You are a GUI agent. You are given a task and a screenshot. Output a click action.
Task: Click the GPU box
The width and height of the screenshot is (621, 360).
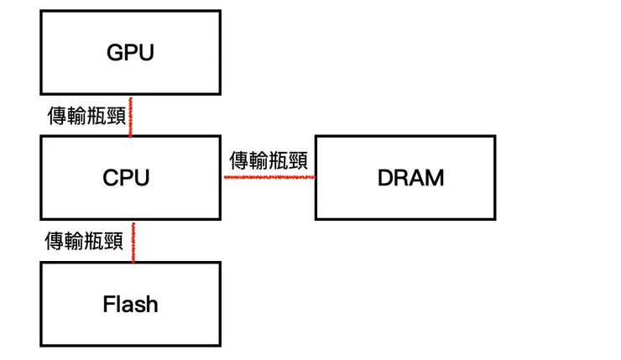pos(130,52)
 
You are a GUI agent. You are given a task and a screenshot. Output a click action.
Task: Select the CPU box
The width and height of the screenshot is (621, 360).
pos(130,178)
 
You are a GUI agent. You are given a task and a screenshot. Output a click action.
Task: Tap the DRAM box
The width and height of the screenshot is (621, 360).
pos(404,178)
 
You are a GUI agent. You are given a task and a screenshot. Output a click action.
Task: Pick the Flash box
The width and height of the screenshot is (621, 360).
pos(130,304)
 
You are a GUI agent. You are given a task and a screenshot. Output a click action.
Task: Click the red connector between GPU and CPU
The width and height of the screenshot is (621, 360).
pos(131,115)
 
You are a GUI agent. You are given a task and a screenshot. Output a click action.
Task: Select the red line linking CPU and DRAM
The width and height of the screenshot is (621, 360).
pos(269,178)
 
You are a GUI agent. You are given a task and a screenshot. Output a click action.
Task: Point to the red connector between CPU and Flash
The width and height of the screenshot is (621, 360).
pos(133,241)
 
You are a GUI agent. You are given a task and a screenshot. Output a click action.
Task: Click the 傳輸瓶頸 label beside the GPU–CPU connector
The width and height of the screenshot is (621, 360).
pos(86,116)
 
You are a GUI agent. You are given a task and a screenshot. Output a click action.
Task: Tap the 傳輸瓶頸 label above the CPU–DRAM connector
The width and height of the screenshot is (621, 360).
pos(268,159)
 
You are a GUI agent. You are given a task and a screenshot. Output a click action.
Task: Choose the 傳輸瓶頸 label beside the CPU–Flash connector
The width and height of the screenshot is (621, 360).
pos(84,242)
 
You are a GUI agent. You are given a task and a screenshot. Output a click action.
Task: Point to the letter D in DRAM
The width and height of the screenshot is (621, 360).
pos(386,178)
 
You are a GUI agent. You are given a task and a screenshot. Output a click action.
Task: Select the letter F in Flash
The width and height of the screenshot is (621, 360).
pos(108,304)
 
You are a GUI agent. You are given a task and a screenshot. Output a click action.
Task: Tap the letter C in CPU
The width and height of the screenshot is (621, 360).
pos(111,178)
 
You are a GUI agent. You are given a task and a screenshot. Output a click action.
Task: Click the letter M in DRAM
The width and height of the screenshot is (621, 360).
pos(435,178)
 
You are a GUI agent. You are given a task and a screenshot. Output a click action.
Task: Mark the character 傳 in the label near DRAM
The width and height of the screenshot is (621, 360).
pos(238,159)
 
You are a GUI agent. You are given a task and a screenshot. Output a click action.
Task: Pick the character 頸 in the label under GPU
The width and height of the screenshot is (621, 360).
pos(117,116)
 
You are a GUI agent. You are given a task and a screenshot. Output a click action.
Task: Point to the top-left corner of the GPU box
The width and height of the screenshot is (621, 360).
pos(41,12)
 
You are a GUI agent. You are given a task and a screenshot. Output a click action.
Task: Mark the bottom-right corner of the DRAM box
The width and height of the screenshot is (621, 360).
pos(494,219)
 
